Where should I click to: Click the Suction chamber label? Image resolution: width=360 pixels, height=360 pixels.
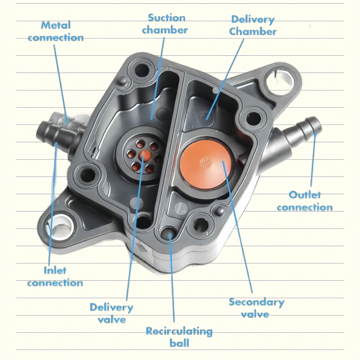pos(165,24)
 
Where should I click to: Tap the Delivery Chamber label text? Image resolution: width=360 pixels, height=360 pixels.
pos(253,25)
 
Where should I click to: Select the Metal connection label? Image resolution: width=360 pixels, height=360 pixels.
pos(56,31)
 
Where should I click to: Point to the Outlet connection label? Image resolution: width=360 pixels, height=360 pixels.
pos(305,201)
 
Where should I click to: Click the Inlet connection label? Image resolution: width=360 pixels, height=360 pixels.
pos(55,276)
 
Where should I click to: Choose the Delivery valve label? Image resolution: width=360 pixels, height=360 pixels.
pos(111,313)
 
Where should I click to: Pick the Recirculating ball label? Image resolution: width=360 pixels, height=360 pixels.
pos(179,336)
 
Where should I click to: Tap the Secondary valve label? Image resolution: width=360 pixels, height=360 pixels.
pos(256,308)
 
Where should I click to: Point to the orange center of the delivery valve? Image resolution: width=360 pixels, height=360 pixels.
pos(145,155)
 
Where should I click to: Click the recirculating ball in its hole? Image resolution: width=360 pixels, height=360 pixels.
pos(168,234)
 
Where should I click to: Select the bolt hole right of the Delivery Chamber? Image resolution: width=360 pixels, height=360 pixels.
pos(253,118)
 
